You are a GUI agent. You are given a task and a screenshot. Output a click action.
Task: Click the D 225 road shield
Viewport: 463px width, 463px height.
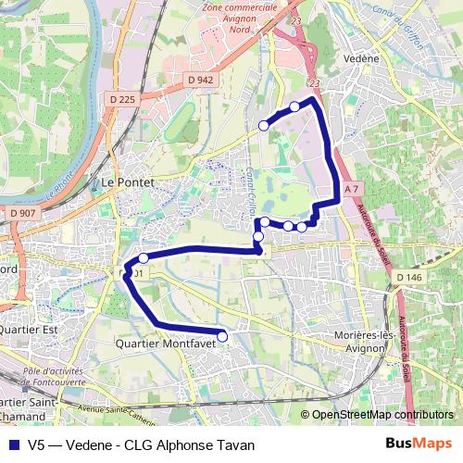click(122, 99)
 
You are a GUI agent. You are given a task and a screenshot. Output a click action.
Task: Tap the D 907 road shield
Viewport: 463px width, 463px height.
click(25, 214)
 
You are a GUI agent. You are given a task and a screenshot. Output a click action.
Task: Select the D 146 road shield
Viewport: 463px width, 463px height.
click(407, 277)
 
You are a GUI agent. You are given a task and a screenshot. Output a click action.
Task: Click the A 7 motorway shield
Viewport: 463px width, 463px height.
click(350, 189)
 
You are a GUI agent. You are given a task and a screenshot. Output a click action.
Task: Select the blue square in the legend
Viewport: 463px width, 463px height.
click(11, 444)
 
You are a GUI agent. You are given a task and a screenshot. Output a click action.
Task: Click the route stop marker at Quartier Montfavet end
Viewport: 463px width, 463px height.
click(222, 334)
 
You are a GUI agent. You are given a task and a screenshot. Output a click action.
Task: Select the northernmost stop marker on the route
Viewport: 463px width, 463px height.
click(294, 106)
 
